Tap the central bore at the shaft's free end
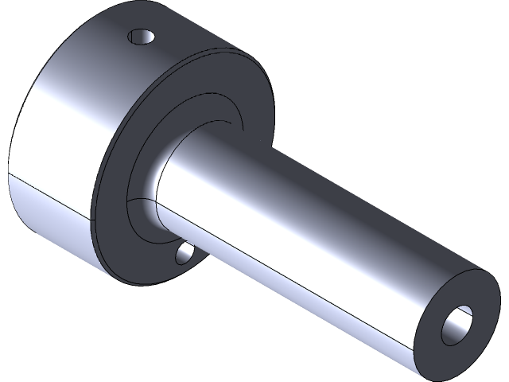pyautogui.click(x=459, y=323)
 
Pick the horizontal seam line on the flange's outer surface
pyautogui.click(x=48, y=193)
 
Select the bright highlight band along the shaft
pyautogui.click(x=318, y=239)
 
